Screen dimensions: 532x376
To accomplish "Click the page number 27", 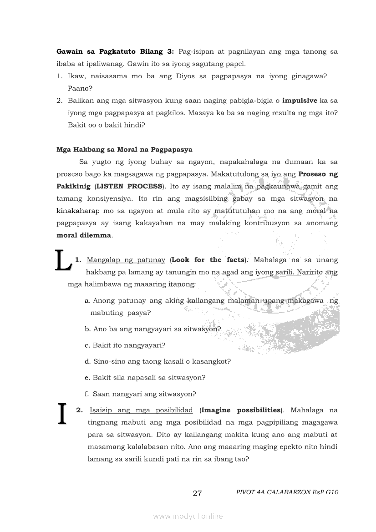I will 197,493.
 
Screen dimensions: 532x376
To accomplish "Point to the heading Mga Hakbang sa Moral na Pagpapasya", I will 124,149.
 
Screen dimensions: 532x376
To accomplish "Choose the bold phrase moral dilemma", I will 84,235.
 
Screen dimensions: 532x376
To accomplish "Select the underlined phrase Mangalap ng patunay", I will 126,260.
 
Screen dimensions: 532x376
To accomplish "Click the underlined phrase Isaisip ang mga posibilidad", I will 141,410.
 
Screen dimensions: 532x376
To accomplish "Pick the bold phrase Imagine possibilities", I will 241,410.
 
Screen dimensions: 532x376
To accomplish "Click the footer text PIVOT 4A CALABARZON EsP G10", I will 287,492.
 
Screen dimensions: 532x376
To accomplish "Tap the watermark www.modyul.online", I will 188,516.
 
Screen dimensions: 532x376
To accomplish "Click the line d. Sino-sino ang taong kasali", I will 158,361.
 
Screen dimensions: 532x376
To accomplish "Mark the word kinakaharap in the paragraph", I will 78,211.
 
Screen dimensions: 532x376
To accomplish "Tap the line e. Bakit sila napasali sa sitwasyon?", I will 145,378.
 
